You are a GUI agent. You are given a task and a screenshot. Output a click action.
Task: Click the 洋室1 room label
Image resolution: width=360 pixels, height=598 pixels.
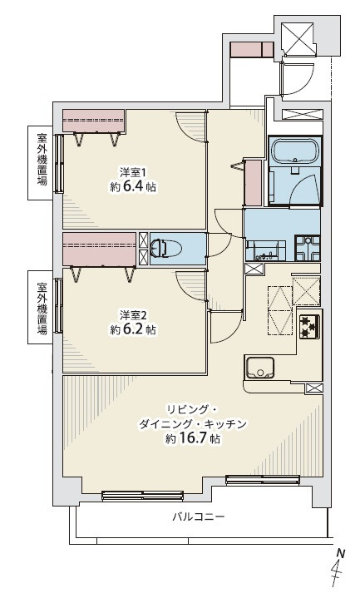click(x=133, y=172)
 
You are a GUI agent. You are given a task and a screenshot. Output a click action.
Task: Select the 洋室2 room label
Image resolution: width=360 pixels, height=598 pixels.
click(x=133, y=314)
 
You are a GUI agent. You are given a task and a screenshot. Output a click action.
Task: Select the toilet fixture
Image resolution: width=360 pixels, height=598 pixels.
click(x=169, y=247)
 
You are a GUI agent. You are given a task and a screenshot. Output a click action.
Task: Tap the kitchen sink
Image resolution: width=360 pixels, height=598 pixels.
click(x=259, y=367)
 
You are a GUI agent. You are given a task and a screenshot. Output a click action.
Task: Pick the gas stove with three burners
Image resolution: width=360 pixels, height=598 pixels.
click(x=309, y=327)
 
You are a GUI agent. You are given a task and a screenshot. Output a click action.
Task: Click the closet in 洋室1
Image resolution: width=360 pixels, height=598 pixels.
click(x=93, y=120)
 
